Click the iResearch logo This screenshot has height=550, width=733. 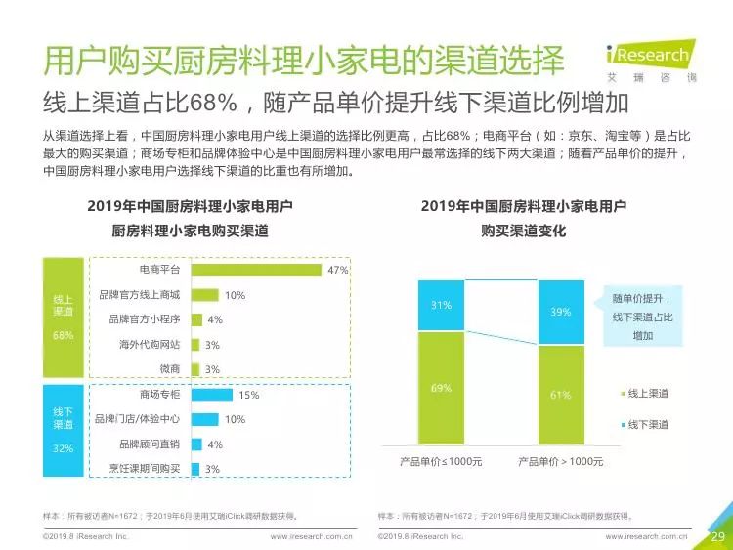pos(651,62)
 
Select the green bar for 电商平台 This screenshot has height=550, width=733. pos(256,270)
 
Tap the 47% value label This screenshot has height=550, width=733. pos(338,270)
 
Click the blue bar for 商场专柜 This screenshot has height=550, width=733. pos(212,395)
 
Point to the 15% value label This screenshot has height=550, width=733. pos(248,395)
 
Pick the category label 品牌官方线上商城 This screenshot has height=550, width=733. pos(140,295)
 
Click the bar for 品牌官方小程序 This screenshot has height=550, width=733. pos(196,319)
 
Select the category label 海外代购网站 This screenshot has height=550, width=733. pos(150,345)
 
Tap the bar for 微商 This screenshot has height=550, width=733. pos(195,369)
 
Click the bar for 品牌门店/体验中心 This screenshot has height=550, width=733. pos(205,419)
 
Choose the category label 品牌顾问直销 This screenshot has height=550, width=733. pos(150,444)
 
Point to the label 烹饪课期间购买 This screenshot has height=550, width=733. pos(145,469)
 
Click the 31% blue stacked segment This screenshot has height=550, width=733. pos(442,306)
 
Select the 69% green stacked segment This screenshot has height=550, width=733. pos(442,388)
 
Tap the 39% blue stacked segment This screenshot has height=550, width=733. pos(561,313)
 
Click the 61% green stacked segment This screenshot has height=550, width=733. pos(561,395)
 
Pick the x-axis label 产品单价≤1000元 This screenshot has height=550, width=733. pos(441,462)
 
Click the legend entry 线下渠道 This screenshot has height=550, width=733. pos(645,425)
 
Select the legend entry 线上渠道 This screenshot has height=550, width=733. pos(645,394)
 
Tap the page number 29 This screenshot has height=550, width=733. pos(718,536)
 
